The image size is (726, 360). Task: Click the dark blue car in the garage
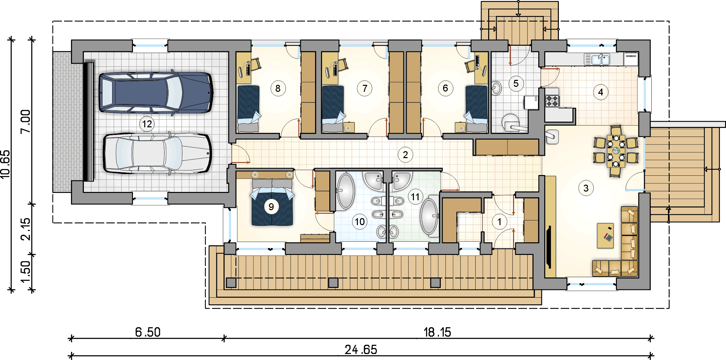(156, 92)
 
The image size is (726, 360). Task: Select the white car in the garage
(157, 153)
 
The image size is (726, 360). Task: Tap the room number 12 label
(147, 124)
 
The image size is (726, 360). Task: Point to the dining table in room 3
(616, 151)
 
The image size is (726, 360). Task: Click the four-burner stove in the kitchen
(552, 101)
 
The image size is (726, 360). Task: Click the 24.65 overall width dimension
(361, 350)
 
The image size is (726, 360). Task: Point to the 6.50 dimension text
(148, 332)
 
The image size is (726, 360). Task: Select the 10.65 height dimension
(6, 165)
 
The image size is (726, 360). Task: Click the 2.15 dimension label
(26, 229)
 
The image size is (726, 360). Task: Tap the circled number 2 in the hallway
(405, 155)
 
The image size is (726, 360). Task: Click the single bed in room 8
(248, 109)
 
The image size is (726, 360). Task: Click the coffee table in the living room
(605, 235)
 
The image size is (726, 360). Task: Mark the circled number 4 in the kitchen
(601, 92)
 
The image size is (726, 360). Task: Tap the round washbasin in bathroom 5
(496, 88)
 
